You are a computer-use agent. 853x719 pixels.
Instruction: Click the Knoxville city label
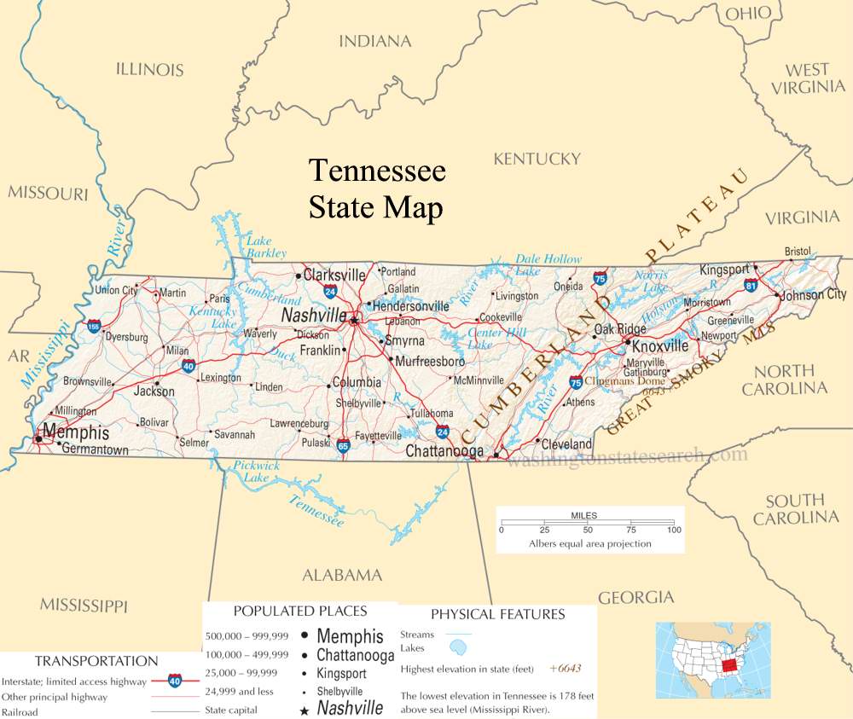coord(660,346)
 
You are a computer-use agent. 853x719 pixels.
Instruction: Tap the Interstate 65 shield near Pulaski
coord(343,445)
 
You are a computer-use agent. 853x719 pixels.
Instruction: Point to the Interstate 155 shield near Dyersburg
coord(93,326)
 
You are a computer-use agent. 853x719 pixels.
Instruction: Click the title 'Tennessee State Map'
coord(376,188)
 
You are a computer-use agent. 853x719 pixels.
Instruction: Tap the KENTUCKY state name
coord(537,159)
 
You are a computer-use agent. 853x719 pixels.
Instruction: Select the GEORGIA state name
coord(636,598)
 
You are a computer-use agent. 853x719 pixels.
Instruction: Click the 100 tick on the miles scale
coord(674,530)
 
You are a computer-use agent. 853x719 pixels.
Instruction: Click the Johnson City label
coord(813,294)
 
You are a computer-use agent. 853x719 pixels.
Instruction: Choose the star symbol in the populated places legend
coord(305,709)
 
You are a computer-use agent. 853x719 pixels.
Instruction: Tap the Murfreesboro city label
coord(431,361)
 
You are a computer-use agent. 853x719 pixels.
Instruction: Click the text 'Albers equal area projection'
coord(589,543)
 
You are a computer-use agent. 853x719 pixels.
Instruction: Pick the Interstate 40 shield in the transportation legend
coord(174,681)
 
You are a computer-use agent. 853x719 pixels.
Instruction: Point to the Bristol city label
coord(798,251)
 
